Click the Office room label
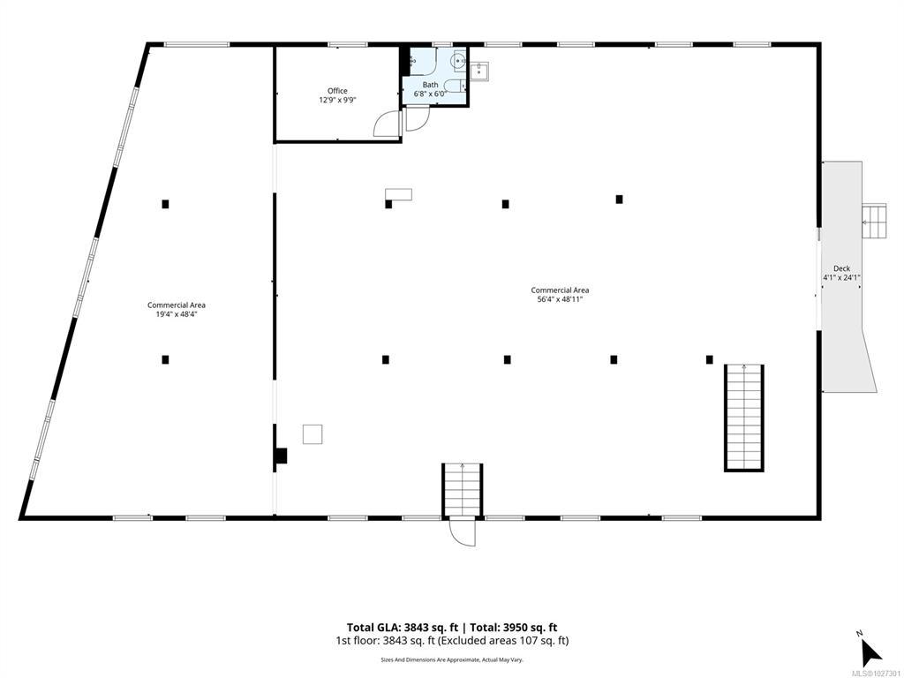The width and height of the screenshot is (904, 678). [337, 91]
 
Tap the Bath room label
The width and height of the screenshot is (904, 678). [430, 85]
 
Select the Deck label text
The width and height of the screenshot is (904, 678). [841, 268]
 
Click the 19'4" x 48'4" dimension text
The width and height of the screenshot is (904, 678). [177, 314]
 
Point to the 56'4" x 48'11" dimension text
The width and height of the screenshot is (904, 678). [560, 299]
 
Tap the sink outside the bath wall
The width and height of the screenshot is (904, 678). [479, 72]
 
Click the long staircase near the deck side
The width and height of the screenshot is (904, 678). [743, 418]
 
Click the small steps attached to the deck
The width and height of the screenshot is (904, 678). [874, 222]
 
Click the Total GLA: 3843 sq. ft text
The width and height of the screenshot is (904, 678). [402, 628]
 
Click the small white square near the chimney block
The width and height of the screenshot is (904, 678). [313, 434]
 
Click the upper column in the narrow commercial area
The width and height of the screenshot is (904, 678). [165, 204]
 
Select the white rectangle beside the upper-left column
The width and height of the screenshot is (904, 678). [399, 194]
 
